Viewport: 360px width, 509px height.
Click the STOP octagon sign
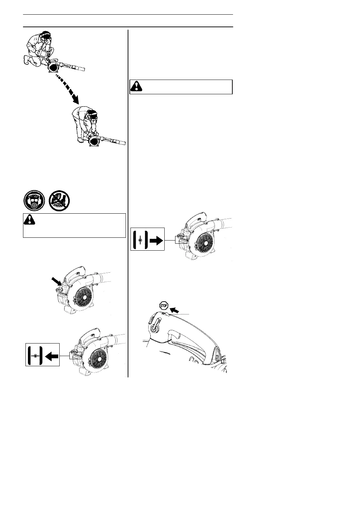point(164,305)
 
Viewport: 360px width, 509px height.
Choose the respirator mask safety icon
point(34,201)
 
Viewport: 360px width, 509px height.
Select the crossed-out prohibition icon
point(59,201)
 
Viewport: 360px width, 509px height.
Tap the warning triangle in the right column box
point(137,86)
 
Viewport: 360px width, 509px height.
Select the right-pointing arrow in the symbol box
point(156,241)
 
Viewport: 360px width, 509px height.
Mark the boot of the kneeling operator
point(27,60)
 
